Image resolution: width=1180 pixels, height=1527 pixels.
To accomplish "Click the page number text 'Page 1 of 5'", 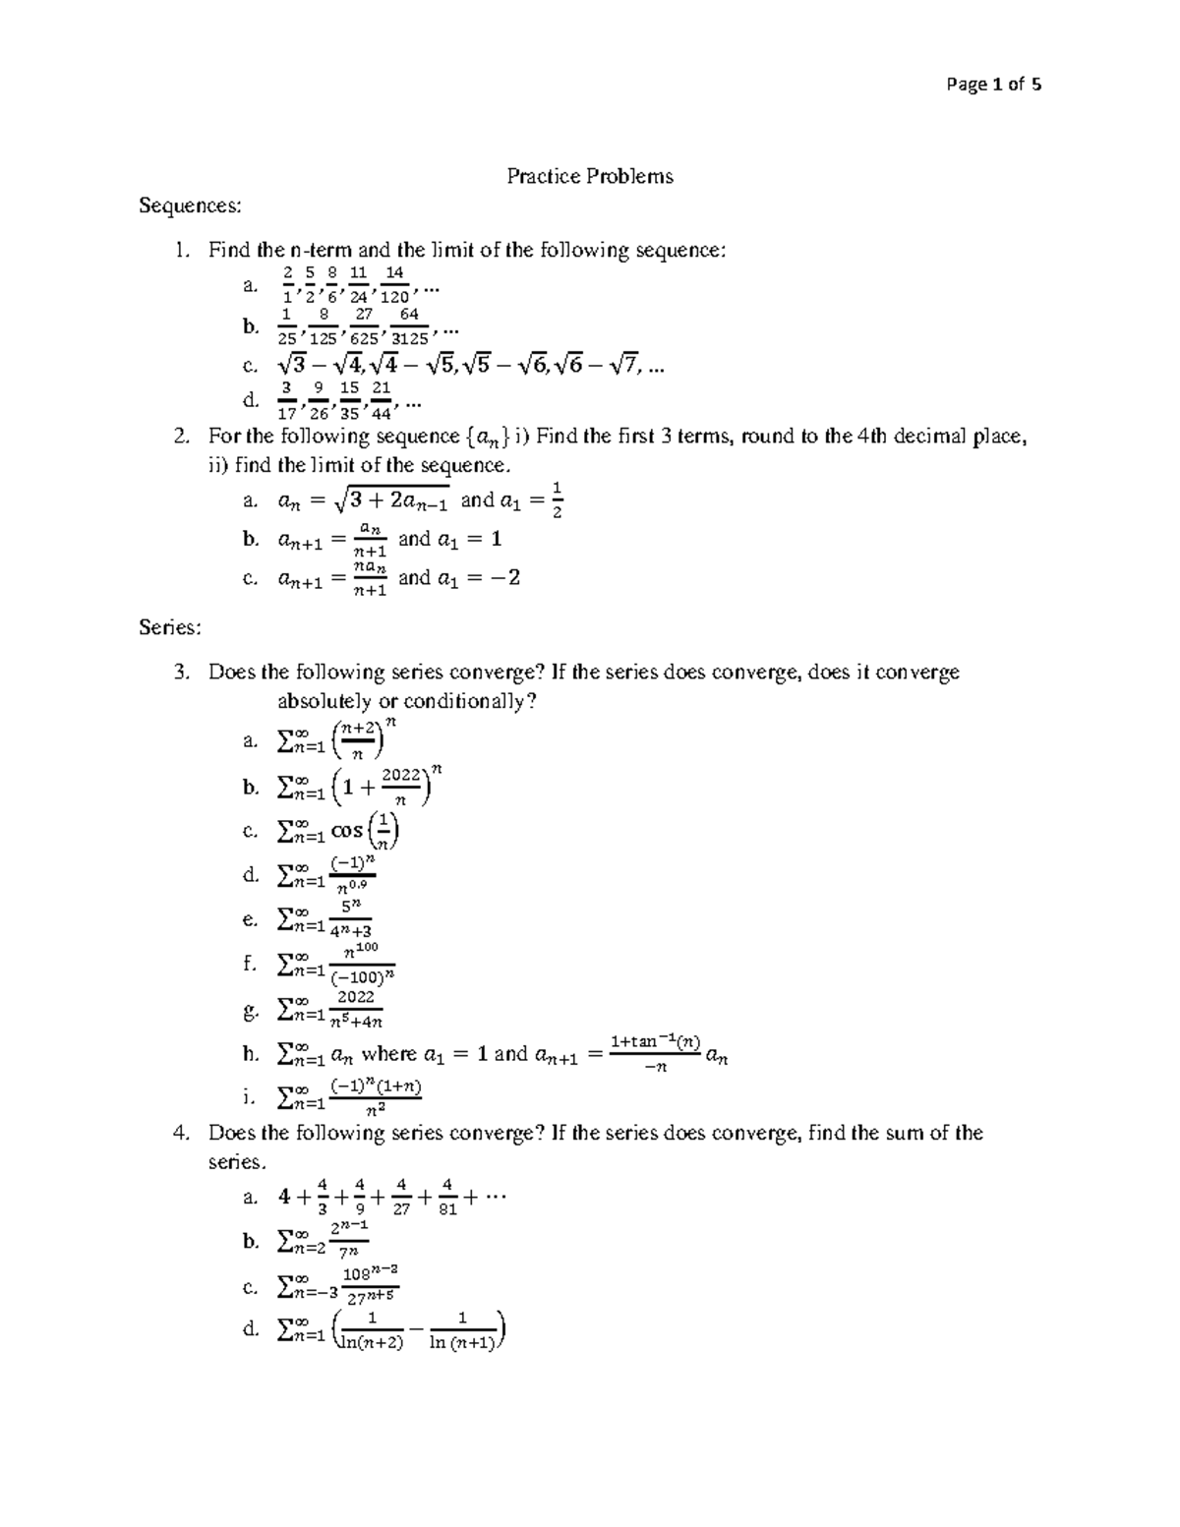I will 992,85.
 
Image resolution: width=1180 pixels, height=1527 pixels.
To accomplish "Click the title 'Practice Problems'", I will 589,177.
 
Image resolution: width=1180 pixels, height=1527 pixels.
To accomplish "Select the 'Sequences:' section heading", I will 189,206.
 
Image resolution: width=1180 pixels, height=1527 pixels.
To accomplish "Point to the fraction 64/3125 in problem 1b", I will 409,326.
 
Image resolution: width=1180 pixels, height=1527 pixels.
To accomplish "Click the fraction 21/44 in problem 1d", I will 382,400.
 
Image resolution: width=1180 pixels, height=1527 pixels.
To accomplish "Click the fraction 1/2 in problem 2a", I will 557,499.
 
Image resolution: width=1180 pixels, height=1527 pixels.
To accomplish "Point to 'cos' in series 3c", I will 346,831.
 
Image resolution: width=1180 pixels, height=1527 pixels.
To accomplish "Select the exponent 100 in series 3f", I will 366,947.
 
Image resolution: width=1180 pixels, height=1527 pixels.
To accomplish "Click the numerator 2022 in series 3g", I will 355,997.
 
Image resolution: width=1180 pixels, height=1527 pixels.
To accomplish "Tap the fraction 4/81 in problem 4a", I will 447,1197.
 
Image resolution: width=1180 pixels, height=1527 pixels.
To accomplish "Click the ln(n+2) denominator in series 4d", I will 370,1343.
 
